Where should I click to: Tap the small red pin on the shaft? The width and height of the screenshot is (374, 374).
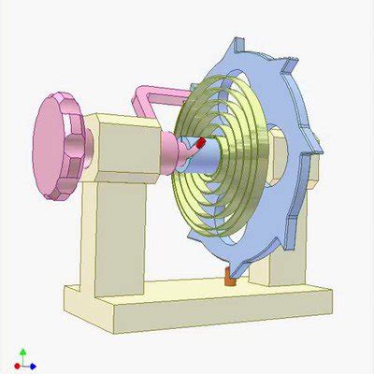[x=200, y=143]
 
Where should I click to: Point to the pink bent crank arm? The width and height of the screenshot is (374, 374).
[x=150, y=94]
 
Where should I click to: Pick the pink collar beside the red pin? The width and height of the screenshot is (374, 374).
[x=179, y=150]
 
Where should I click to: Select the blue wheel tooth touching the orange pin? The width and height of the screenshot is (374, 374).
[x=236, y=264]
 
